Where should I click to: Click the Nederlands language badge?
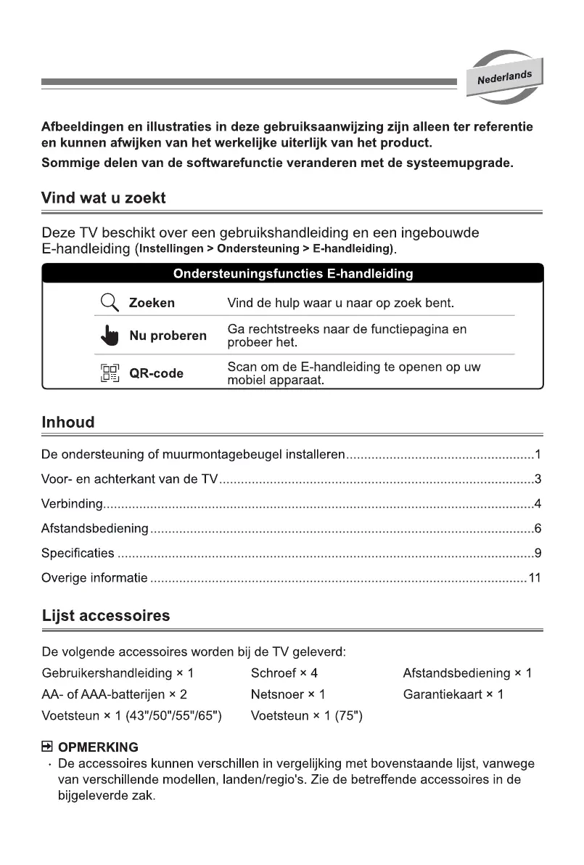click(x=504, y=77)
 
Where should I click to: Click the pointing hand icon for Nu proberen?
click(x=109, y=335)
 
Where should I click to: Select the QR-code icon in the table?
click(x=109, y=373)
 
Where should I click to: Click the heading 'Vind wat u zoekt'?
click(x=104, y=198)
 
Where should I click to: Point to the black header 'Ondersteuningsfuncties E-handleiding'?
click(x=292, y=274)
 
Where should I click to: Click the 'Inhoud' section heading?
click(x=68, y=422)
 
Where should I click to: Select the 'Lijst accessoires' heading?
click(x=106, y=616)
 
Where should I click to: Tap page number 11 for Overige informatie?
click(x=535, y=578)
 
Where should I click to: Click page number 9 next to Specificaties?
click(x=538, y=553)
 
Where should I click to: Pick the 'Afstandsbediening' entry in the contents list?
click(x=95, y=529)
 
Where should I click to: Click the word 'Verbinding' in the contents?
click(x=73, y=504)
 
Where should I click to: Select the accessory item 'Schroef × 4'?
click(x=284, y=673)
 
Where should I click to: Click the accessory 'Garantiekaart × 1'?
click(x=453, y=694)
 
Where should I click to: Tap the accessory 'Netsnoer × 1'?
click(x=287, y=694)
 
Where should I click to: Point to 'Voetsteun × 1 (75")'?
click(x=306, y=716)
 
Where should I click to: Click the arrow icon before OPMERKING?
click(x=47, y=747)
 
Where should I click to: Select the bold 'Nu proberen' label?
click(x=168, y=336)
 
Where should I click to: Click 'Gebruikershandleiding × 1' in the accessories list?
click(x=118, y=673)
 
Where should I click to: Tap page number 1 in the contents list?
click(x=538, y=455)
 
